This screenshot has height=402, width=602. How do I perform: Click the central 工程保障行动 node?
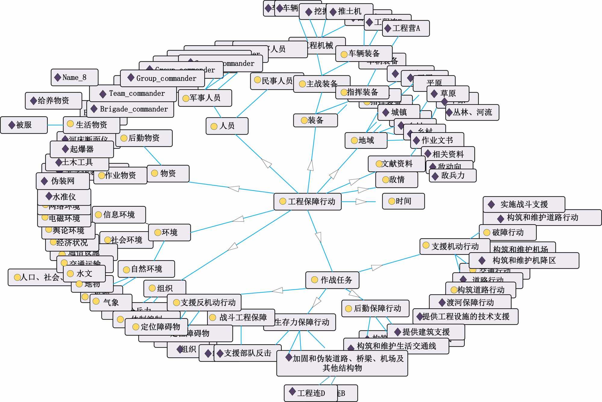pos(307,201)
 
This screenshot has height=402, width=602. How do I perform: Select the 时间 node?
pos(403,201)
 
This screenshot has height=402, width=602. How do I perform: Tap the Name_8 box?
pos(74,77)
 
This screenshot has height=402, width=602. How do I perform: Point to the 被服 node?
pos(24,125)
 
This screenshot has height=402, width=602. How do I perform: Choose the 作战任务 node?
pos(332,280)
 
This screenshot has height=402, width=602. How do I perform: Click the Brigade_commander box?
pos(130,109)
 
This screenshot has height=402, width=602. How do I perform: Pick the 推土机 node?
pos(349,11)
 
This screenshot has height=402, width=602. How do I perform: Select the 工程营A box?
pos(405,28)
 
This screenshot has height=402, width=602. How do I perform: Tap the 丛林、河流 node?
pos(472,112)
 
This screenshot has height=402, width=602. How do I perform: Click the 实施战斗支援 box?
pos(523,204)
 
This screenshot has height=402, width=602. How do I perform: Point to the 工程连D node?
pos(310,393)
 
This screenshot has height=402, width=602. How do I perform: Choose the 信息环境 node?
pos(119,215)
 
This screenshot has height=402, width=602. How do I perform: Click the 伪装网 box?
pos(63,181)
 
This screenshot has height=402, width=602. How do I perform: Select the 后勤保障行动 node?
pos(375,308)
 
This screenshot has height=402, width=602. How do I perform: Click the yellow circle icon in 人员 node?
pos(214,126)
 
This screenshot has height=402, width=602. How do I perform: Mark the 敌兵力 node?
pos(452,175)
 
